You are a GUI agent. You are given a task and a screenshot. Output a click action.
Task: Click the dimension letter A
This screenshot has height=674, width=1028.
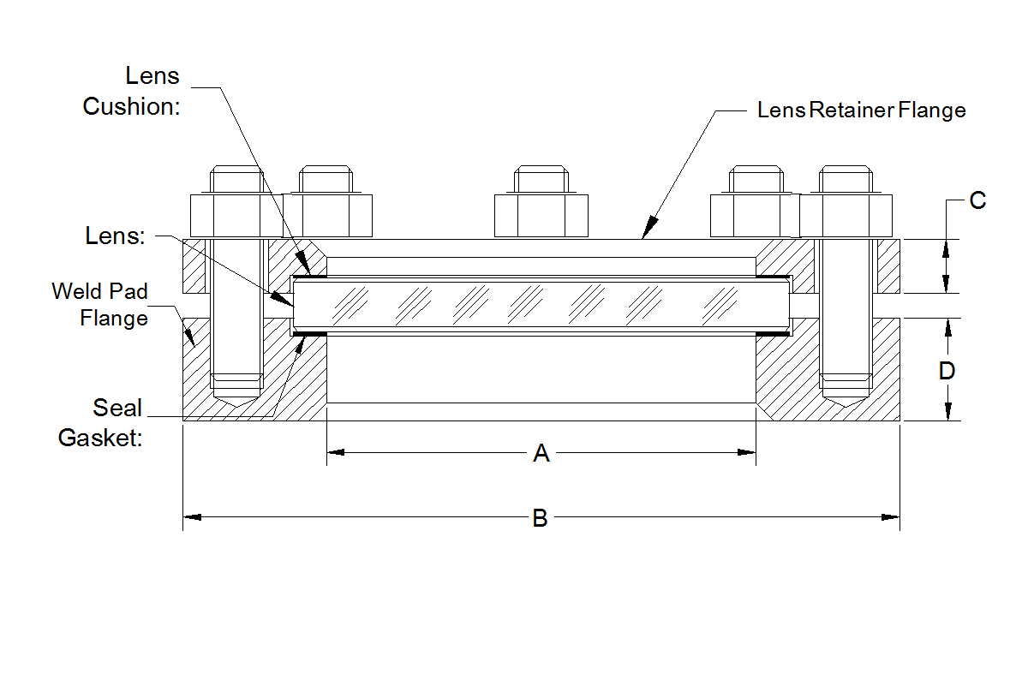pos(541,453)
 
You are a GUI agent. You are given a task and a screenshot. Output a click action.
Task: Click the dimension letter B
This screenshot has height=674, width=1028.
pos(540,518)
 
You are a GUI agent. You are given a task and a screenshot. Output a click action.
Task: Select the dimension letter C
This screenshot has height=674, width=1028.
pos(977,200)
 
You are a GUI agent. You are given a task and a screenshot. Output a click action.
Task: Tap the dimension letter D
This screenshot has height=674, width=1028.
pos(947,371)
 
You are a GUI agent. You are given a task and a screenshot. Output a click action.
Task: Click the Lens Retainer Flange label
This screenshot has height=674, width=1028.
pos(861,110)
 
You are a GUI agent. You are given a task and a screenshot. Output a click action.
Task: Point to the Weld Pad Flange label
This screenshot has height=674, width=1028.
pos(99,304)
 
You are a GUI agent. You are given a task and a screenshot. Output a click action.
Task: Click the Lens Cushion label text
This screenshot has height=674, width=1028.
pos(132,91)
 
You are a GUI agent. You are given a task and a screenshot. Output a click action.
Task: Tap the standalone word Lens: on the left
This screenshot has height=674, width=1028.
pos(114,236)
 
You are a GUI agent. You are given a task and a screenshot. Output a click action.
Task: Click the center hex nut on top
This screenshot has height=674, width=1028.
pos(541,215)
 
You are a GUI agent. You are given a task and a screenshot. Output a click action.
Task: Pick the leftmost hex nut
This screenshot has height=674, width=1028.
pos(236,215)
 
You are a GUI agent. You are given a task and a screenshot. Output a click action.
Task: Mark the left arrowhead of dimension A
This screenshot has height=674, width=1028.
pos(335,452)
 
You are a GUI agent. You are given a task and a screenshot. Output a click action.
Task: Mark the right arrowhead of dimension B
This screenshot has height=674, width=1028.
pos(891,516)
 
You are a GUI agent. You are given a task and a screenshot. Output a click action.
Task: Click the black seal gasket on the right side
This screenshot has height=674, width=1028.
pos(773,333)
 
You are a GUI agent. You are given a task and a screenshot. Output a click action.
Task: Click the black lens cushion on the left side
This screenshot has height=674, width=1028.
pos(309,276)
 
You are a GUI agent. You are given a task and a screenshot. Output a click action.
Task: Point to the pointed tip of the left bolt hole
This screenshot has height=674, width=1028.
pos(236,405)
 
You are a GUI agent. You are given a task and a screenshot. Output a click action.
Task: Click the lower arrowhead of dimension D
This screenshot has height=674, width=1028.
pos(947,412)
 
